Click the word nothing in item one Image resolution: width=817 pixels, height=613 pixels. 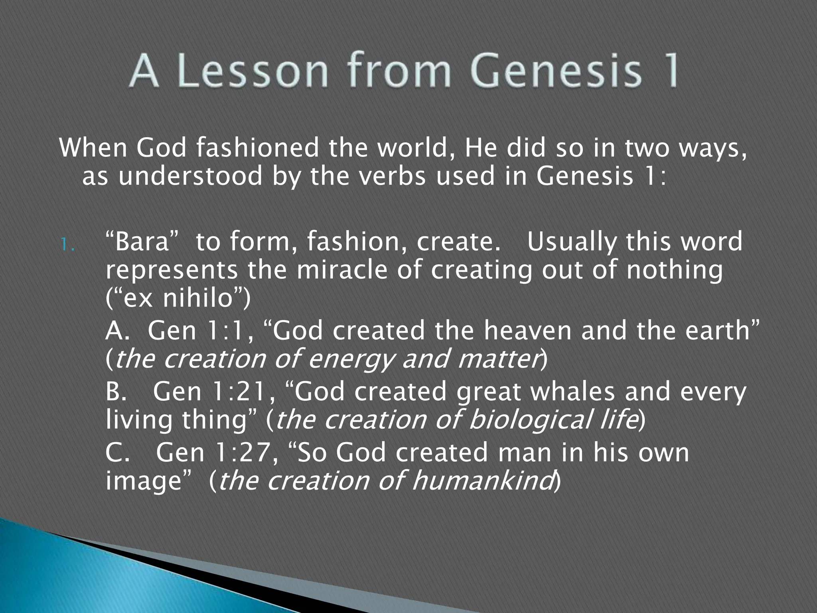674,270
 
